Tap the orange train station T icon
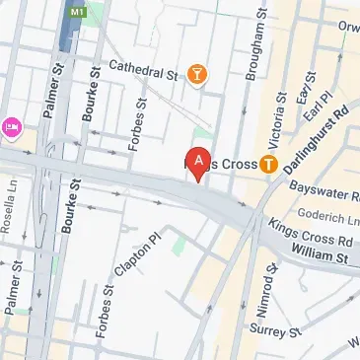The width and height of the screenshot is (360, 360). [267, 165]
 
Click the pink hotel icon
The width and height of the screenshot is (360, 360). [12, 126]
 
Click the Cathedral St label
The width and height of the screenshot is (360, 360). [143, 70]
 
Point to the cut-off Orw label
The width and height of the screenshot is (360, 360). [348, 27]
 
